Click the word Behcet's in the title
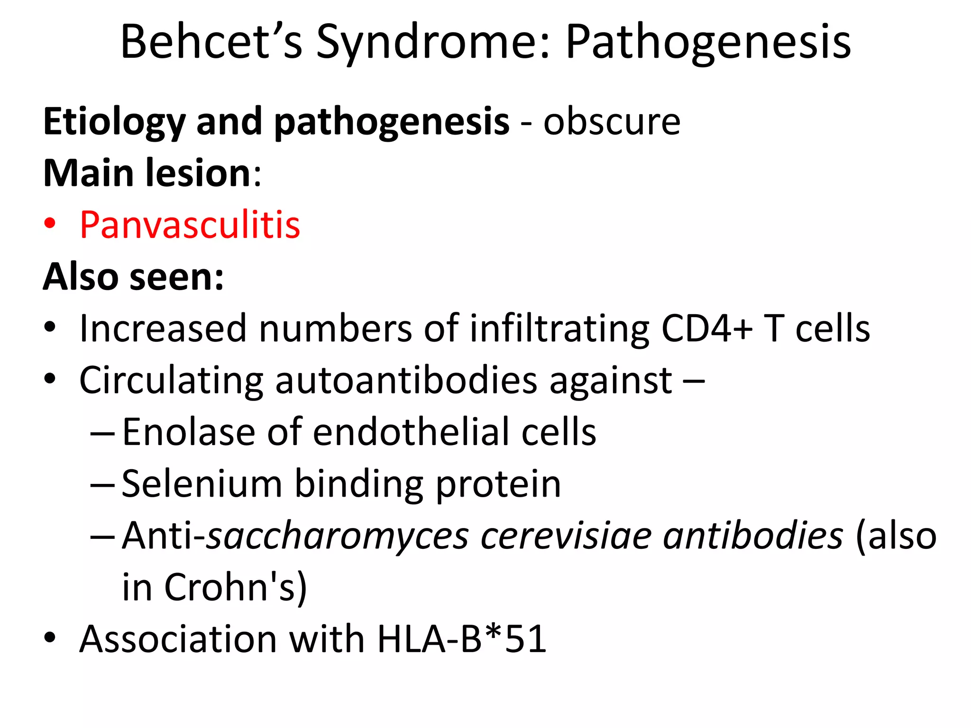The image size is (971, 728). coord(211,43)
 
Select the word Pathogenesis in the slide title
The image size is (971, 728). coord(708,43)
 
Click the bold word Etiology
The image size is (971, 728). coord(114,122)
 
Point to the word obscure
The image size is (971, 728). coord(612,122)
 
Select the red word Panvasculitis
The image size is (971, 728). coord(190,225)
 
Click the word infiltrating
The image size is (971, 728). coord(559,328)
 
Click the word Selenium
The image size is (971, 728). coord(202,484)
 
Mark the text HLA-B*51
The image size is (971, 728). coord(462,639)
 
